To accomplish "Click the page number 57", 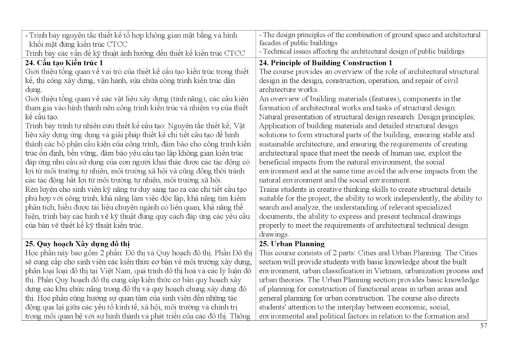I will pyautogui.click(x=484, y=326).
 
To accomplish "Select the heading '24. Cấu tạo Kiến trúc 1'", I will pyautogui.click(x=64, y=63).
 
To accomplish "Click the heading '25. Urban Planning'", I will pyautogui.click(x=292, y=244).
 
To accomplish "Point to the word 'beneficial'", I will pyautogui.click(x=275, y=162).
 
